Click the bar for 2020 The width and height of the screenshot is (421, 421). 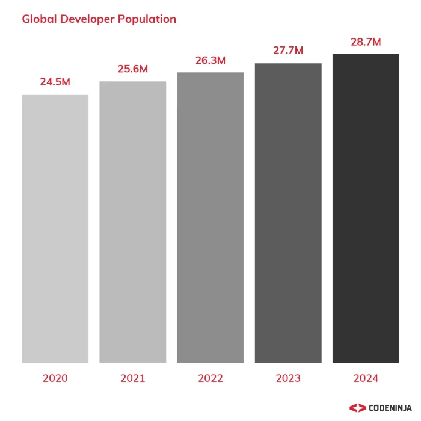tap(55, 229)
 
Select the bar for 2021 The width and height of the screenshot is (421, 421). tap(132, 222)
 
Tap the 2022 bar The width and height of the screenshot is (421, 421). tap(210, 218)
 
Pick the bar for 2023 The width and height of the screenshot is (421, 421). tap(288, 213)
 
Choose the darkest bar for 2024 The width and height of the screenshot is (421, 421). tap(366, 208)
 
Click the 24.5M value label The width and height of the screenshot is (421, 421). tap(55, 82)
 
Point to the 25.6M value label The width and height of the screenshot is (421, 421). tap(133, 69)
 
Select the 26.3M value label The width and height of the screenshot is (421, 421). tap(210, 60)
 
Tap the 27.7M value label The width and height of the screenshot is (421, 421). tap(288, 51)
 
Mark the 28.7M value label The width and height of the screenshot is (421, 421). tap(366, 42)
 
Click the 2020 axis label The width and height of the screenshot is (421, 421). tap(55, 379)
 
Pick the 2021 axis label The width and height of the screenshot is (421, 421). tap(133, 379)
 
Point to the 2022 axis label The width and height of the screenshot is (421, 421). tap(210, 379)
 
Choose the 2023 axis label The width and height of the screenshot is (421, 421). tap(288, 379)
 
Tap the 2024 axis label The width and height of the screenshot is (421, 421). tap(366, 379)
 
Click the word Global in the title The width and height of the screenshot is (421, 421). tap(39, 19)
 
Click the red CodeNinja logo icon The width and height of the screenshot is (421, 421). tap(357, 408)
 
